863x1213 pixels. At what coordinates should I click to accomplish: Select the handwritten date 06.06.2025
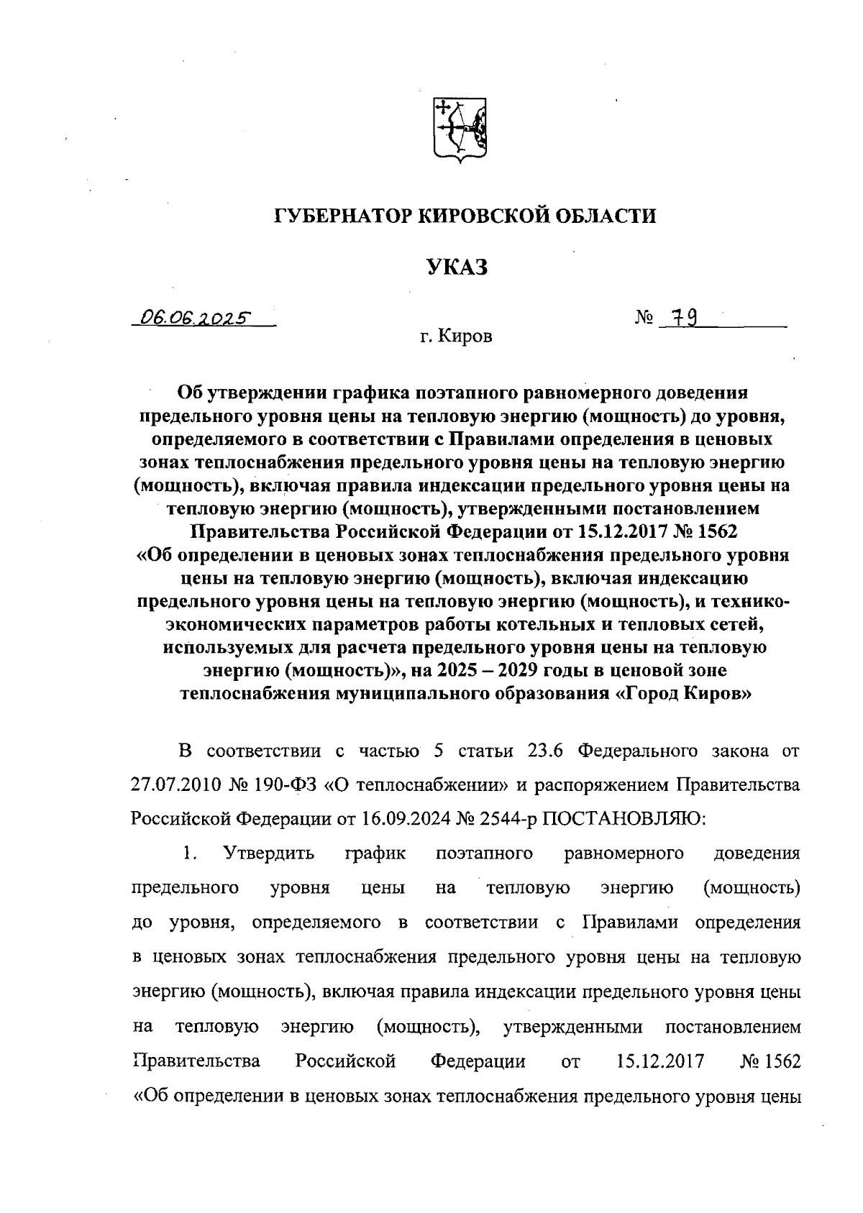195,317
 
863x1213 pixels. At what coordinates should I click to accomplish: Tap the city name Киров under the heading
468,337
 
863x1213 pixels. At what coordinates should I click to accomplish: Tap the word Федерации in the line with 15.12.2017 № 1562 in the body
478,1062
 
